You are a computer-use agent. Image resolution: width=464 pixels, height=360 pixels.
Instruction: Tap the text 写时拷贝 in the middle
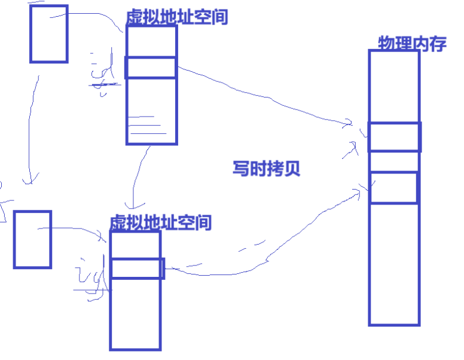click(266, 168)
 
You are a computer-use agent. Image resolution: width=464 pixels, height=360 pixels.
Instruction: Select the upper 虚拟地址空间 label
click(177, 17)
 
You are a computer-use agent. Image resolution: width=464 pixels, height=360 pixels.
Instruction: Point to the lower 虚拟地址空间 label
click(161, 223)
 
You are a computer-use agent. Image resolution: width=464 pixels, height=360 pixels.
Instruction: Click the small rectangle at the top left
click(48, 33)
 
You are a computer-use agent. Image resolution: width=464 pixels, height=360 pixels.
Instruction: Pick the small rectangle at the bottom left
click(32, 239)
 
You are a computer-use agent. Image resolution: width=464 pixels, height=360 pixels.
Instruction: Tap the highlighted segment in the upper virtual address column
click(151, 68)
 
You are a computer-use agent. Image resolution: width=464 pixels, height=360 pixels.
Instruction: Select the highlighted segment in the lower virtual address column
click(137, 269)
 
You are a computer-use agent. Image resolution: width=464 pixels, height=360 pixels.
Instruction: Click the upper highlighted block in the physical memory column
click(394, 137)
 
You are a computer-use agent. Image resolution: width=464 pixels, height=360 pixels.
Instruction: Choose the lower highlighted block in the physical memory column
click(393, 188)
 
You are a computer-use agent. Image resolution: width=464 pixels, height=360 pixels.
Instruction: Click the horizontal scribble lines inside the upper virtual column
click(146, 124)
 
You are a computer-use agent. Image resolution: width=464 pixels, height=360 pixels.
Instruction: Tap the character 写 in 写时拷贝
click(241, 168)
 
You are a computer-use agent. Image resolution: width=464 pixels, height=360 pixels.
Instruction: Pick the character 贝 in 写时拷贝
click(291, 168)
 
